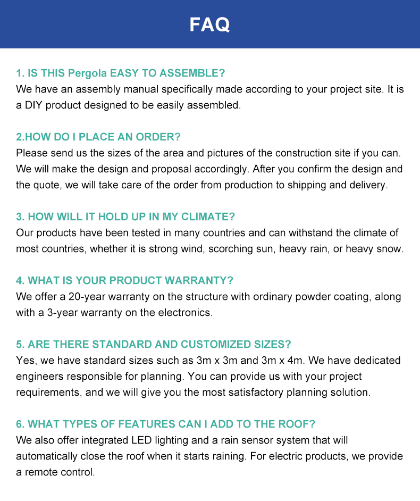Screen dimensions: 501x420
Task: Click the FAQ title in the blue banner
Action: (210, 24)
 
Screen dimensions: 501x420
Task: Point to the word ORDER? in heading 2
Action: (158, 137)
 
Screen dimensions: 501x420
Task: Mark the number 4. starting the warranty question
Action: (20, 280)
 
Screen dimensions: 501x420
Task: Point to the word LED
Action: (140, 440)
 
